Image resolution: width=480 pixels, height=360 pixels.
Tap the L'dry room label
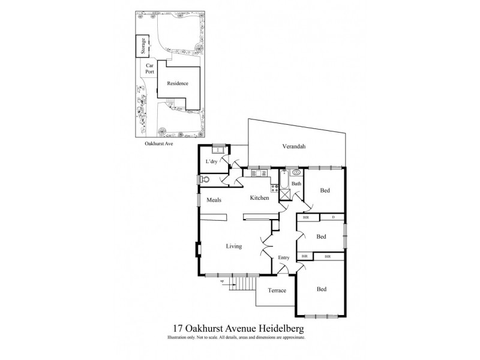click(x=211, y=162)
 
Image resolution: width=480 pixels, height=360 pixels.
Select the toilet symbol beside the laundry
click(x=205, y=179)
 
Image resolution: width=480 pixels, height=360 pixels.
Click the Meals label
click(x=215, y=200)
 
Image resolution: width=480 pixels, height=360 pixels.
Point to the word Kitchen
click(x=259, y=197)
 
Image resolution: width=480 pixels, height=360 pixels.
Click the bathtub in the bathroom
click(x=281, y=179)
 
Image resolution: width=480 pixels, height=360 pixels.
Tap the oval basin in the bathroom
click(x=296, y=172)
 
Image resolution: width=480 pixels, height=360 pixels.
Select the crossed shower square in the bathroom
click(x=284, y=193)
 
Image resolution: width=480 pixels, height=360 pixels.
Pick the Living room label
click(x=234, y=246)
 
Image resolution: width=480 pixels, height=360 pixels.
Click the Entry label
click(x=284, y=258)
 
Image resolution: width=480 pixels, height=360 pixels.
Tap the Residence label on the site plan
click(x=178, y=83)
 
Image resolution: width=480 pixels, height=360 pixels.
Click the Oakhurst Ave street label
click(x=159, y=145)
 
